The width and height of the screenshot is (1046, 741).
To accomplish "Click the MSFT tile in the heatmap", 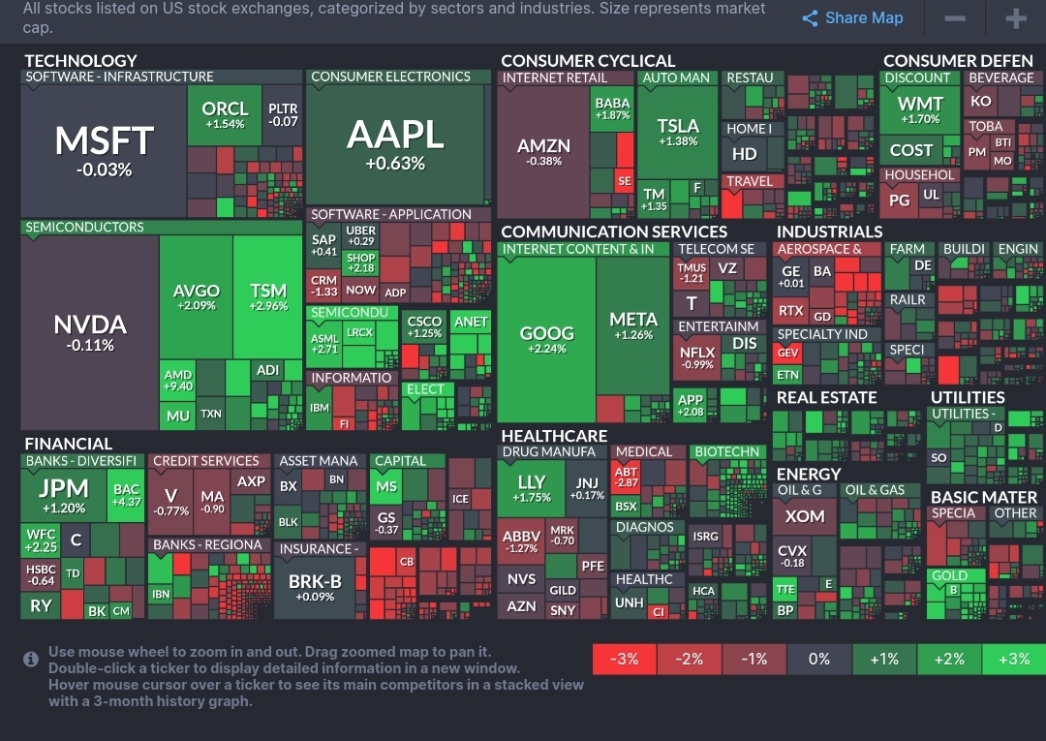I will click(x=104, y=150).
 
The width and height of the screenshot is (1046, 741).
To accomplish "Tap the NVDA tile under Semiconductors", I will click(x=89, y=331).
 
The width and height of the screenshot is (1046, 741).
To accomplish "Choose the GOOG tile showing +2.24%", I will click(x=546, y=338).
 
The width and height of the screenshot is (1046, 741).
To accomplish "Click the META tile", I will click(x=633, y=325).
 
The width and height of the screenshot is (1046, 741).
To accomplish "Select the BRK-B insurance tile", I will click(x=315, y=587).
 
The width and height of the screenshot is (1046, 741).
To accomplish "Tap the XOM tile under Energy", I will click(x=805, y=516).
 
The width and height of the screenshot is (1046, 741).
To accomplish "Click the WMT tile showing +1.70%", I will click(x=919, y=109).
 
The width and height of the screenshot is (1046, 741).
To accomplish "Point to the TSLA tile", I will click(x=677, y=132).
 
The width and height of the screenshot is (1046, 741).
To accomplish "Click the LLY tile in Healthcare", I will click(x=533, y=487).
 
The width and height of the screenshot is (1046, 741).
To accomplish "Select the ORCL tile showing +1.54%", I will click(x=225, y=114).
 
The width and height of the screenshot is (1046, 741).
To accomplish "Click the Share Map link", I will click(x=852, y=18).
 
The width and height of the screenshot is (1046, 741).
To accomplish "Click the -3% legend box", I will click(x=624, y=659).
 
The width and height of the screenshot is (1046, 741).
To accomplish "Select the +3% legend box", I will click(x=1013, y=659).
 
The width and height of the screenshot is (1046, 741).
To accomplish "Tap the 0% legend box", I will click(x=818, y=659).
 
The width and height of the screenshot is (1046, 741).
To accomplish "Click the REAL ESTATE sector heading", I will click(x=826, y=397).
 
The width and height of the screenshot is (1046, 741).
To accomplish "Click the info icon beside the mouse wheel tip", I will click(x=31, y=660).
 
